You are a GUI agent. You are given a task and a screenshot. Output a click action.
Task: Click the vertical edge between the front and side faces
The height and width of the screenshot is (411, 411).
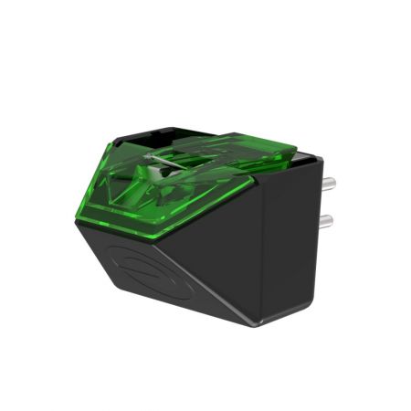261,265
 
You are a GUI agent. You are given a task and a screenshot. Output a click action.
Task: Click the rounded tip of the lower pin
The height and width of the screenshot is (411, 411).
331,222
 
